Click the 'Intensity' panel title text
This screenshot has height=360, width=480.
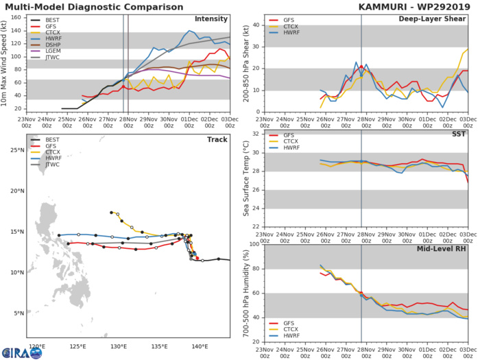[211, 19]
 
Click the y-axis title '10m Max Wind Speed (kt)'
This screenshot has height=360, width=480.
[5, 62]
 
